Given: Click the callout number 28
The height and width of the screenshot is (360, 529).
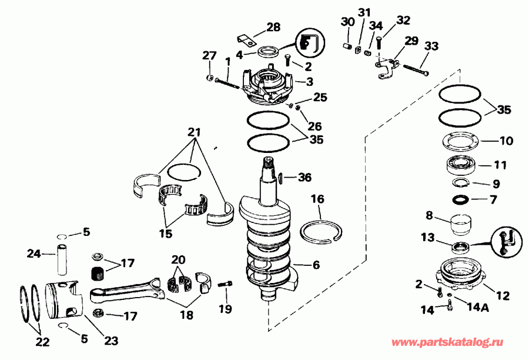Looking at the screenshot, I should pyautogui.click(x=273, y=27).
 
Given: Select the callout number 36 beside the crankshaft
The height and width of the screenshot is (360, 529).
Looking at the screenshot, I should pyautogui.click(x=304, y=177).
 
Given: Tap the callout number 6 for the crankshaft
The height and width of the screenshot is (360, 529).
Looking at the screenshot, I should pyautogui.click(x=316, y=265).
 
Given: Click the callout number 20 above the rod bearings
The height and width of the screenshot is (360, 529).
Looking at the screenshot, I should pyautogui.click(x=179, y=260).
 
